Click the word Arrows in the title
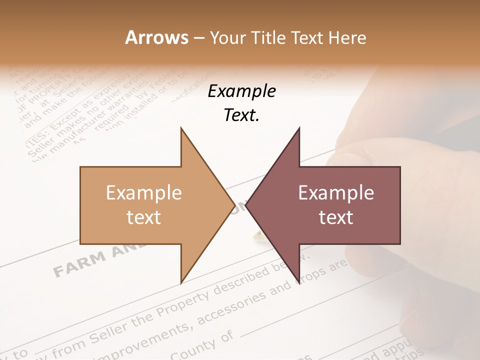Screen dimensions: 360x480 coord(156,37)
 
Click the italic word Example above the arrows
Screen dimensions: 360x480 coord(241,91)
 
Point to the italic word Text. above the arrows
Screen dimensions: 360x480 coord(241,115)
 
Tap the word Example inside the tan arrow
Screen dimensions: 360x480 coord(143,193)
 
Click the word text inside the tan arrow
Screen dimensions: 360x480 coord(143,217)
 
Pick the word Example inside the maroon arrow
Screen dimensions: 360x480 coord(336,193)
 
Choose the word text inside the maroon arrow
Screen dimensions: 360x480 coord(336,217)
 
